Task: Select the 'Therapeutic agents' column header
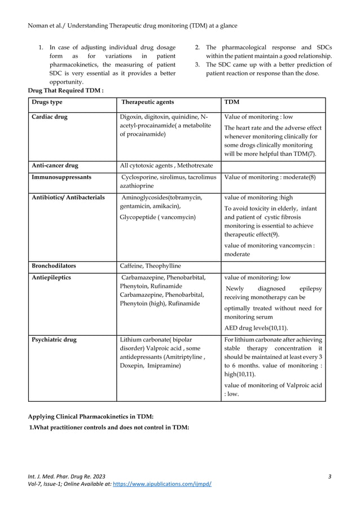pyautogui.click(x=148, y=102)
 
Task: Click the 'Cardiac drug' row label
pyautogui.click(x=49, y=117)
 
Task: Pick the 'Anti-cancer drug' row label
pyautogui.click(x=55, y=166)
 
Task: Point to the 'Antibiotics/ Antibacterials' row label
pyautogui.click(x=67, y=198)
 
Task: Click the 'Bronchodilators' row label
pyautogui.click(x=54, y=265)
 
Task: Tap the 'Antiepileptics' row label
pyautogui.click(x=51, y=278)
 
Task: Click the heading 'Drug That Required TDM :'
pyautogui.click(x=65, y=90)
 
